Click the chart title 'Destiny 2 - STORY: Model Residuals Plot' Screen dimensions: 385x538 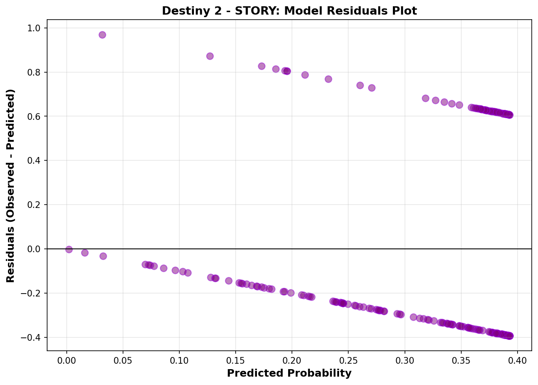[289, 11]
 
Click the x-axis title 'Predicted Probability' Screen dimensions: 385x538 [289, 373]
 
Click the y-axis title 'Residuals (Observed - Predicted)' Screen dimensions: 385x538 [10, 185]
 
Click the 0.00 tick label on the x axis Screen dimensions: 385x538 [67, 360]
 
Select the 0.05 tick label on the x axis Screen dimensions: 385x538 [123, 360]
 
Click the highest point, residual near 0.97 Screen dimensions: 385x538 [102, 35]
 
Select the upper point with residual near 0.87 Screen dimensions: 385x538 [210, 56]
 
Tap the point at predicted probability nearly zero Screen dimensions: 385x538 [69, 249]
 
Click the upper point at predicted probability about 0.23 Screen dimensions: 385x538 [328, 79]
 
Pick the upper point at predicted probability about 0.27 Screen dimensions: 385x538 [372, 88]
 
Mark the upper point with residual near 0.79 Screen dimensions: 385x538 [305, 75]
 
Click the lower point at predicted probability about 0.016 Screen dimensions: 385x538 [85, 253]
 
